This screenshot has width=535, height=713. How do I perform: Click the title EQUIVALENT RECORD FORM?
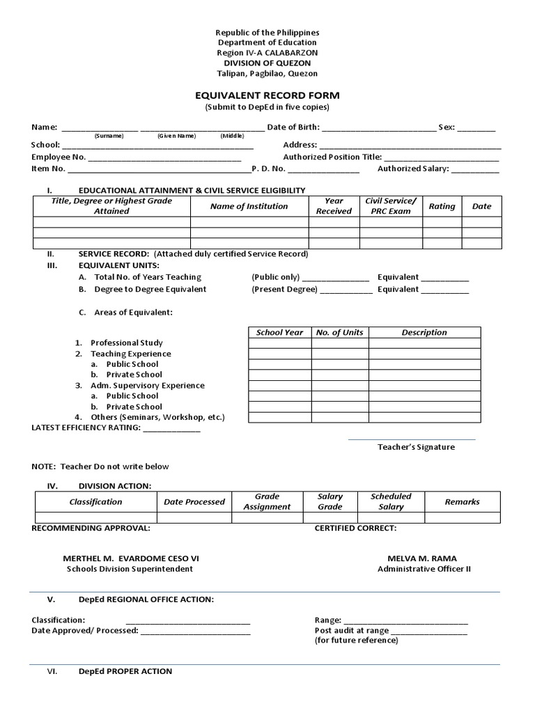click(267, 95)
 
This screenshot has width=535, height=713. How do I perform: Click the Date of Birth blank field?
click(378, 127)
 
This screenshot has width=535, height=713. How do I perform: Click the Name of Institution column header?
click(249, 206)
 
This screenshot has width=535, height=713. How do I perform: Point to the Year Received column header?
click(334, 206)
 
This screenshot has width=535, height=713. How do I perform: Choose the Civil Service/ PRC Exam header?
click(390, 206)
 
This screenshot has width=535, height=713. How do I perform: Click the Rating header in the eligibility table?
click(442, 206)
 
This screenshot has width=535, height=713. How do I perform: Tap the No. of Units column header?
click(339, 333)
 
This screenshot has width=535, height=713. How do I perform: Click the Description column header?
click(424, 333)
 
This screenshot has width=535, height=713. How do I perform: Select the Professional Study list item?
click(126, 343)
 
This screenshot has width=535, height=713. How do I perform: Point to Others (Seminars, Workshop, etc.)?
click(157, 418)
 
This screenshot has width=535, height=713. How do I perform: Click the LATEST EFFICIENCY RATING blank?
click(171, 429)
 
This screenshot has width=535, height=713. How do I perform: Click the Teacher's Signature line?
click(411, 439)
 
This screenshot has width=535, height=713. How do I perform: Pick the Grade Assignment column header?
click(267, 502)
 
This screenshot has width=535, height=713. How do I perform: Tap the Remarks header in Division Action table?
click(462, 502)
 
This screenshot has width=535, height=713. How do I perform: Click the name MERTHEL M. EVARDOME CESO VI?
click(125, 558)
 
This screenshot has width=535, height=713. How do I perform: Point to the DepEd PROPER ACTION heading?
click(125, 671)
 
